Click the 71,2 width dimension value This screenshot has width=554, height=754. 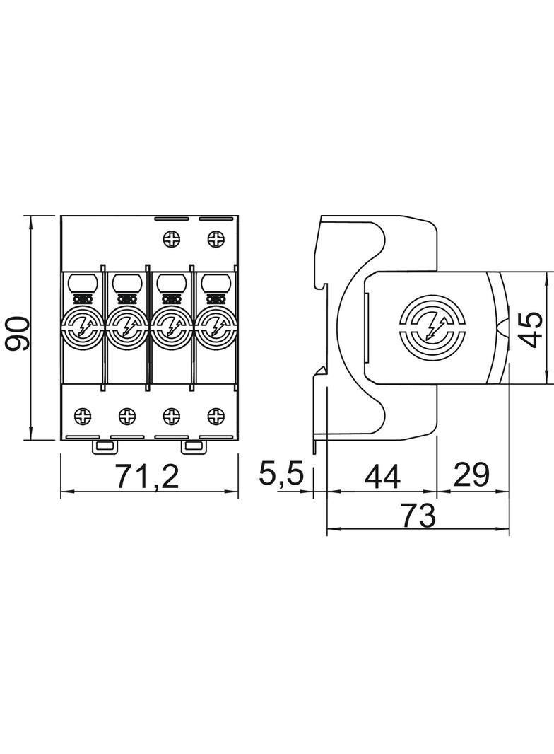click(x=148, y=475)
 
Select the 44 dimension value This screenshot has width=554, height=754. click(x=382, y=477)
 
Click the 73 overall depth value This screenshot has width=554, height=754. click(x=418, y=515)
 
